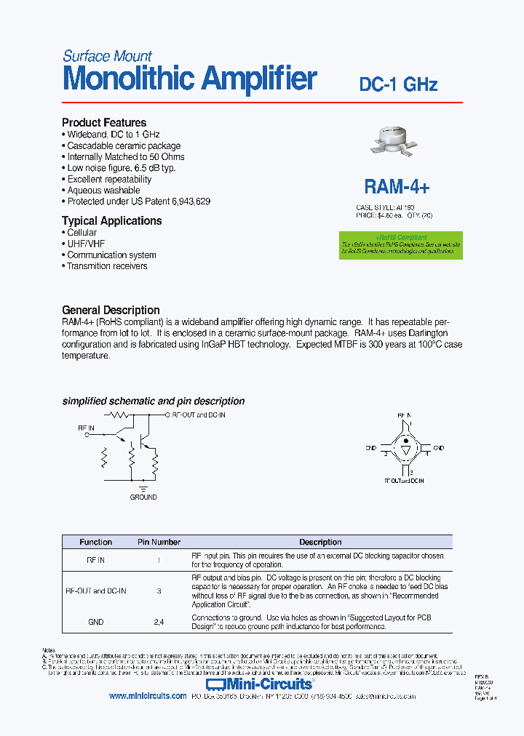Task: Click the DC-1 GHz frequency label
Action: click(x=398, y=84)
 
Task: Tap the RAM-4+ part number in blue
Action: click(x=397, y=187)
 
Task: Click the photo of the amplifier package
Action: click(x=397, y=141)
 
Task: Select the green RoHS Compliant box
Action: click(x=401, y=245)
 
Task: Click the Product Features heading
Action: click(x=104, y=123)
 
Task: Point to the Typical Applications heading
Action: click(x=111, y=221)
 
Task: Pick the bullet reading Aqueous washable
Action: click(x=103, y=191)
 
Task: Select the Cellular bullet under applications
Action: click(x=82, y=233)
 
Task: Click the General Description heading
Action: click(x=111, y=310)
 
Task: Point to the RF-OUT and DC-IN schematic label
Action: click(x=198, y=415)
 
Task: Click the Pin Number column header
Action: click(x=159, y=542)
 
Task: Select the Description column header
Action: click(x=320, y=542)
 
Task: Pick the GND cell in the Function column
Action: click(x=95, y=622)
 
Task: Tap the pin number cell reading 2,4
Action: click(x=159, y=622)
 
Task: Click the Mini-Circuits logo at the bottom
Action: click(x=260, y=684)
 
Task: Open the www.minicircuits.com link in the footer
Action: click(x=148, y=696)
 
